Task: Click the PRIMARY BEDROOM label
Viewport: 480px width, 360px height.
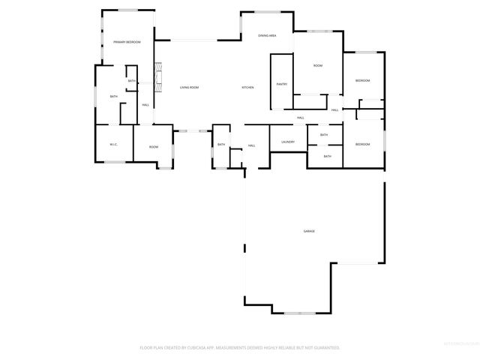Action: coord(127,42)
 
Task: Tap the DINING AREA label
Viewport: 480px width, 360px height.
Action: coord(268,36)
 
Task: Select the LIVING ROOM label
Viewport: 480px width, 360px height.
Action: coord(189,88)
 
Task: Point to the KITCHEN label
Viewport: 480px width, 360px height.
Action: coord(247,88)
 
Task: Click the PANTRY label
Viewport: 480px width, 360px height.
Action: coord(282,84)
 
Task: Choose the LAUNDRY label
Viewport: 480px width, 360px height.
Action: coord(287,142)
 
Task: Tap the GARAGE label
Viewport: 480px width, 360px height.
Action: coord(309,231)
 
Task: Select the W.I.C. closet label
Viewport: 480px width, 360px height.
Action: coord(113,144)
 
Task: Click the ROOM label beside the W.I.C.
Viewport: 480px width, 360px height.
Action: coord(153,147)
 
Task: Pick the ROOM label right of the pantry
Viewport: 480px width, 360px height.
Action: coord(318,66)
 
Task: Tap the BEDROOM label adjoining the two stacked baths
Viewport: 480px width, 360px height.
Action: coord(362,144)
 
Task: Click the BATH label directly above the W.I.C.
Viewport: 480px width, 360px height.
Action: coord(114,97)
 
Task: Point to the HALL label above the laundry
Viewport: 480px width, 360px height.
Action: coord(300,118)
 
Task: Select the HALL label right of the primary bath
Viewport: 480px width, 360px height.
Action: coord(145,104)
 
